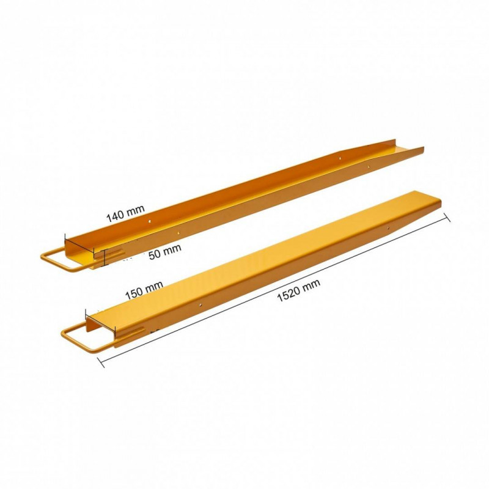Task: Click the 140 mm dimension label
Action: [125, 213]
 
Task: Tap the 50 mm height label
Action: [164, 252]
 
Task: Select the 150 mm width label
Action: [144, 290]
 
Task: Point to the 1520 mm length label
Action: [298, 290]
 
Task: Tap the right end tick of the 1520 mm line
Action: [447, 218]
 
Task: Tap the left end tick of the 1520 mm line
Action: [101, 362]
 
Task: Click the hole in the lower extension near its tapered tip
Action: [388, 228]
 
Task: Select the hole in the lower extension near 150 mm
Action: [200, 303]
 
